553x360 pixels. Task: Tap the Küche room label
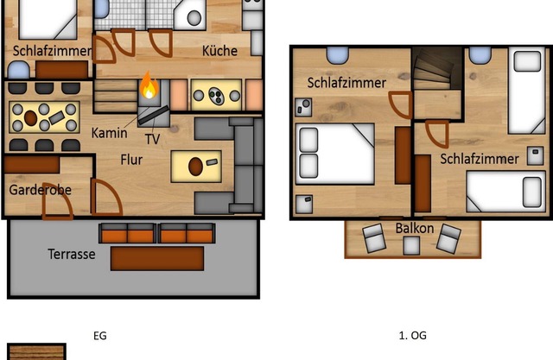[219, 51]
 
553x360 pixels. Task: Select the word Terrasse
[72, 255]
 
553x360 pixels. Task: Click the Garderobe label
[40, 190]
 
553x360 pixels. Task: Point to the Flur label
[131, 159]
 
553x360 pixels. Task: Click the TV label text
[152, 138]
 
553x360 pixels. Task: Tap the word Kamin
[110, 133]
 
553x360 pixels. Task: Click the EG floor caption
[99, 335]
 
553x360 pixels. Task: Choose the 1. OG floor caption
[412, 335]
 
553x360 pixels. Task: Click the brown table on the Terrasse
[157, 258]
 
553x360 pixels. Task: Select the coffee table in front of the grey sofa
[196, 163]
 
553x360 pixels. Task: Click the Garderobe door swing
[104, 199]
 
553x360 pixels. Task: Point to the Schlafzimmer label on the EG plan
[52, 51]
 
